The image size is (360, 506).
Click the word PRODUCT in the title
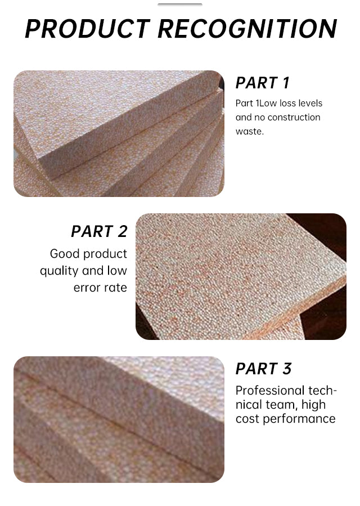(x=87, y=29)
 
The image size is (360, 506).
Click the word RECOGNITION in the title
(x=247, y=29)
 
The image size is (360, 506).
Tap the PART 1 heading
(x=262, y=83)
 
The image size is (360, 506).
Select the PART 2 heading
(x=100, y=231)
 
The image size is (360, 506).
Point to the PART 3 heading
(x=264, y=369)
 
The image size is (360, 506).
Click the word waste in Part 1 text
(x=249, y=131)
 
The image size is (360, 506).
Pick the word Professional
(x=271, y=391)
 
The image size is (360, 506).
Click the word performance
(x=299, y=419)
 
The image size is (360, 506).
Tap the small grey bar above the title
(x=180, y=5)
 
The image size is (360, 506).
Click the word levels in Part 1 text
(x=309, y=103)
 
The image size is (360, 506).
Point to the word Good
(x=63, y=254)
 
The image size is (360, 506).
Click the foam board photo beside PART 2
(x=241, y=276)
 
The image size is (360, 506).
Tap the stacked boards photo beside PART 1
(x=119, y=133)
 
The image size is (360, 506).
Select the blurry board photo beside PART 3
(x=119, y=419)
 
